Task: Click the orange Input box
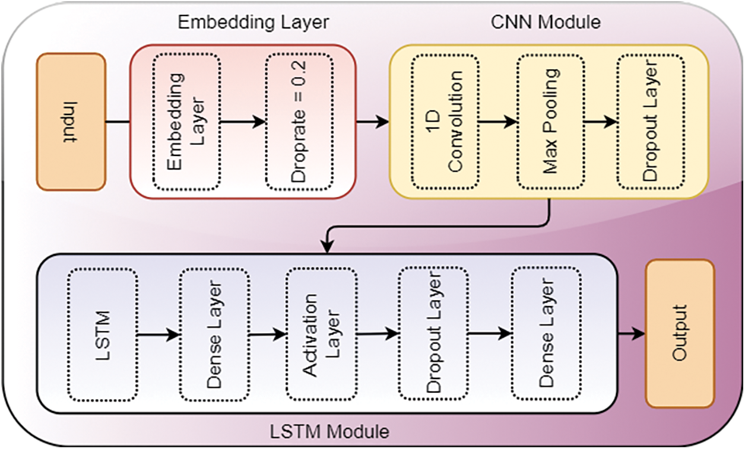[x=71, y=122]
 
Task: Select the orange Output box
[x=680, y=333]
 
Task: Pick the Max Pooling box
[x=550, y=122]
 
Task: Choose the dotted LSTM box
[x=103, y=333]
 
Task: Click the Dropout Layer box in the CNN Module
[x=651, y=122]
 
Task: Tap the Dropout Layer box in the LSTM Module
[x=433, y=333]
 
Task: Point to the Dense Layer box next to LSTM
[x=214, y=333]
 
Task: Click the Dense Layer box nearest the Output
[x=546, y=333]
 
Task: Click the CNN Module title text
[x=546, y=23]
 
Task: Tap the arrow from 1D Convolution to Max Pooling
[x=497, y=122]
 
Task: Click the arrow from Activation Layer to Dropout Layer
[x=378, y=335]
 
